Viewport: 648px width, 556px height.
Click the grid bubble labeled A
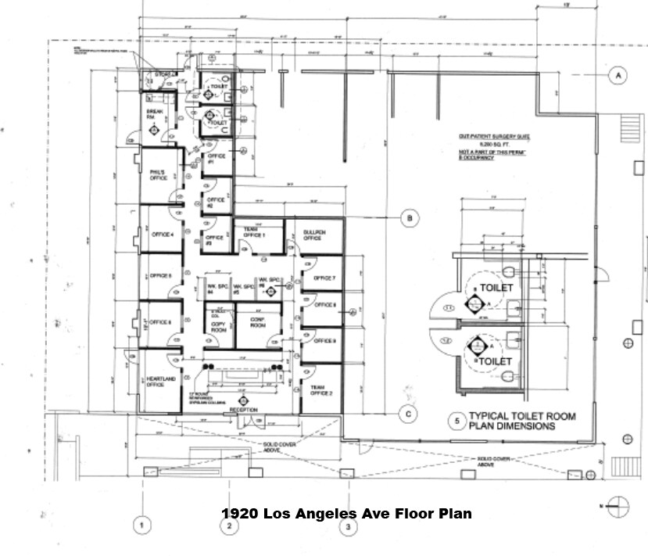tap(618, 75)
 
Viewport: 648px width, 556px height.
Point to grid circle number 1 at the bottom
tap(141, 526)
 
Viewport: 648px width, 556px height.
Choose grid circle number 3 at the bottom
tap(348, 527)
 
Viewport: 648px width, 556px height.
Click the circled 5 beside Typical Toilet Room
tap(454, 421)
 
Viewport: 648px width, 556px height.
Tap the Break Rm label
tap(154, 116)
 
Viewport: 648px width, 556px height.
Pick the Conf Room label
tap(259, 323)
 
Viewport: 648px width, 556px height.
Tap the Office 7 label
tap(324, 278)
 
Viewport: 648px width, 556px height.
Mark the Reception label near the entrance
tap(243, 409)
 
